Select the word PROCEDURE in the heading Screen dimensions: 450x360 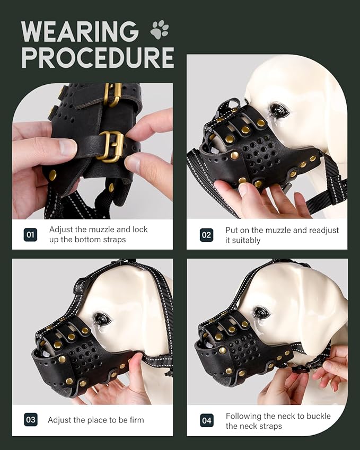[98, 57]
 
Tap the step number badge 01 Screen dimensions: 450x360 [30, 234]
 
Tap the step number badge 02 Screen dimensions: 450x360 [206, 235]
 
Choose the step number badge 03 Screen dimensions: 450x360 [30, 420]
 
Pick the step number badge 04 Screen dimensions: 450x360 [206, 420]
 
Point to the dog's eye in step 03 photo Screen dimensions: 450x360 [102, 319]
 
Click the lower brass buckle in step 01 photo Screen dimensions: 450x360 [112, 146]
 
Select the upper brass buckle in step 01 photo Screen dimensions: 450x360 [113, 94]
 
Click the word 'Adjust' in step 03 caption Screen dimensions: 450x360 [60, 420]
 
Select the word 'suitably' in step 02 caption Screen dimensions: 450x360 [248, 240]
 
